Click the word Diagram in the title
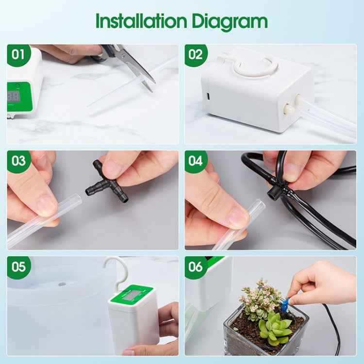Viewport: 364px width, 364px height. (x=230, y=22)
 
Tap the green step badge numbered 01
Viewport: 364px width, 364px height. (x=18, y=54)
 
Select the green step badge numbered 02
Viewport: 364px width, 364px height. (x=196, y=54)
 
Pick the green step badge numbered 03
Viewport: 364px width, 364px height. (x=18, y=161)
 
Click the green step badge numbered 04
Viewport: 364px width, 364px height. (x=196, y=161)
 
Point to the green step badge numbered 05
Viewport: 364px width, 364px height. (x=18, y=266)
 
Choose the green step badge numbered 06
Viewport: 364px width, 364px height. (x=196, y=266)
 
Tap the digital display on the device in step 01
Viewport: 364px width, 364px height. (x=13, y=96)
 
